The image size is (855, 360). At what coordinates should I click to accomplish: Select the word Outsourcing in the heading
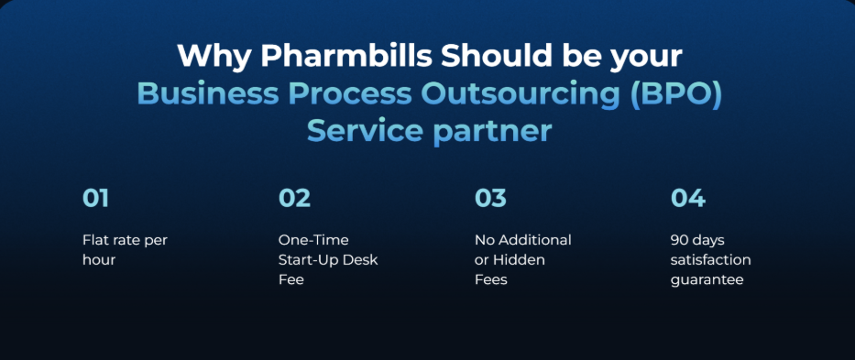pos(521,94)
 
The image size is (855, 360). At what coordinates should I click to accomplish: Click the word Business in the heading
pos(207,93)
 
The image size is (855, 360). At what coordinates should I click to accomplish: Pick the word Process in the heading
pos(349,93)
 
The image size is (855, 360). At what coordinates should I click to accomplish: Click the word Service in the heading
pos(364,131)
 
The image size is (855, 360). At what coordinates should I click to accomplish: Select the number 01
pos(96,198)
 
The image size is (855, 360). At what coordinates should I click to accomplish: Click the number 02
pos(294,198)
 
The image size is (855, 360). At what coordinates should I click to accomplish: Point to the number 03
pos(490,198)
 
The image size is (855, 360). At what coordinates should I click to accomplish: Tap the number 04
pos(687,198)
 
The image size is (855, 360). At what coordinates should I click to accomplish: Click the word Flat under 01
pos(93,240)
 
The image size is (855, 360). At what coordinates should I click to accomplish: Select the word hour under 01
pos(99,259)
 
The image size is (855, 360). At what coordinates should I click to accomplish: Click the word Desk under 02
pos(362,259)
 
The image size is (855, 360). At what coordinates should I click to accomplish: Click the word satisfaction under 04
pos(710,259)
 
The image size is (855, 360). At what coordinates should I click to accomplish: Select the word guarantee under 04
pos(707,280)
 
